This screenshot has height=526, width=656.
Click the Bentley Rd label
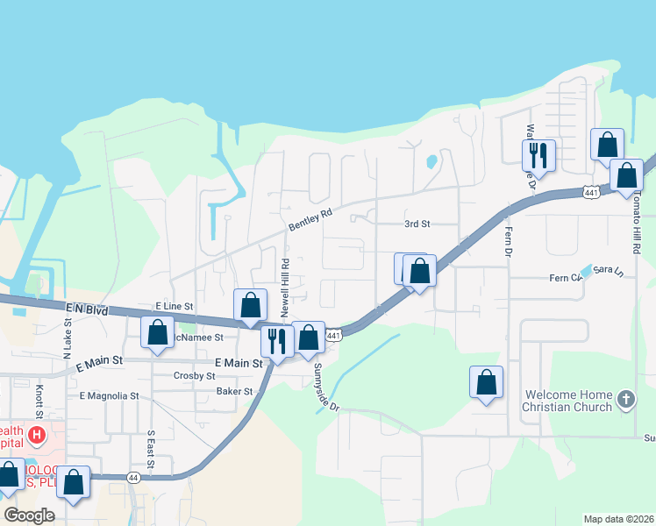coord(311,219)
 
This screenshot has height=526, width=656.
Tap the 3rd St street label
coord(417,224)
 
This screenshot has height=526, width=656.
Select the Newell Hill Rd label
coord(285,288)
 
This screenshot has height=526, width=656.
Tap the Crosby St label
coord(195,375)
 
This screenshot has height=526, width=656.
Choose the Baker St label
coord(234,391)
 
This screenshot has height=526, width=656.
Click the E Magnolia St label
coord(110,396)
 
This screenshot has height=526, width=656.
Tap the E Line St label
coord(174,305)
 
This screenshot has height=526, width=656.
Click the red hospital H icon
coord(36,434)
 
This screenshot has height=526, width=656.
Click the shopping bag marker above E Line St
coord(251,305)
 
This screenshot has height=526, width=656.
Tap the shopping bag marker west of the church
coord(486,382)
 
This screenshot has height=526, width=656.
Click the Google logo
coord(30,515)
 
